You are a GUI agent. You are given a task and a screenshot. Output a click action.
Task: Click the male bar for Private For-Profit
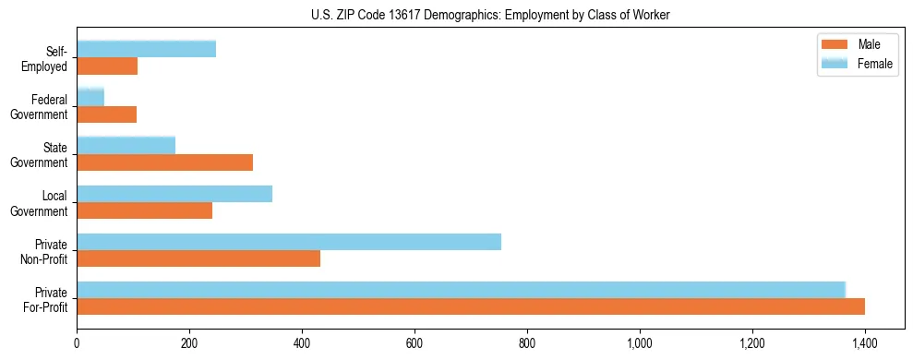[471, 306]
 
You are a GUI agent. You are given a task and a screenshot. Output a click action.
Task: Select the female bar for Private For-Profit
[461, 290]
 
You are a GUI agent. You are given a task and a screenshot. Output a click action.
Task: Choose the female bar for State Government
[126, 145]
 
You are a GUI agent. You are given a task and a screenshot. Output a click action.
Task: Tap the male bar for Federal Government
[106, 114]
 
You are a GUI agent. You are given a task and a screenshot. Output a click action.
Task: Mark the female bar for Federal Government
[90, 97]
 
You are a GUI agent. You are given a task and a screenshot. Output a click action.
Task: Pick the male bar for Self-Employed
[107, 66]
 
